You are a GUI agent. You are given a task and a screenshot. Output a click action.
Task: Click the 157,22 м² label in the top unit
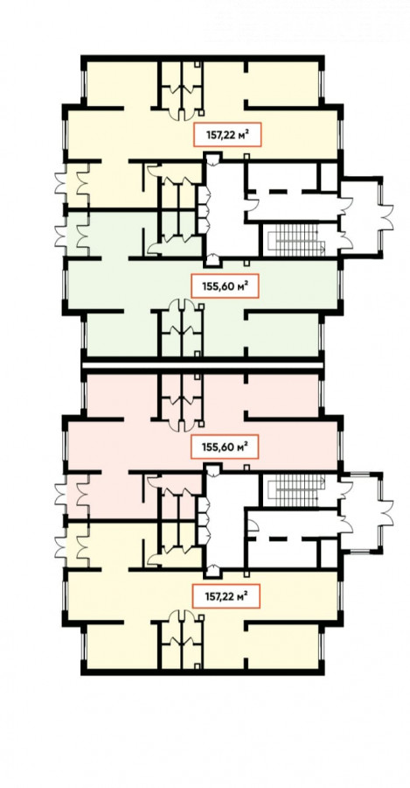[x=228, y=135]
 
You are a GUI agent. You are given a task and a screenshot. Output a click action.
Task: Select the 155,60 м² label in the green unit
[x=226, y=286]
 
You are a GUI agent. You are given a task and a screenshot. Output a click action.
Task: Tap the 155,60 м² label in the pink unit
[x=226, y=447]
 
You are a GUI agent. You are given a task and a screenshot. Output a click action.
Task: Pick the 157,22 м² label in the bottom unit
[x=226, y=596]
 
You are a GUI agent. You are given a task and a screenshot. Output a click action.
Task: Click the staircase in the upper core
[x=297, y=240]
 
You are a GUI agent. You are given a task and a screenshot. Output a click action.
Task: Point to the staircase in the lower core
[x=297, y=490]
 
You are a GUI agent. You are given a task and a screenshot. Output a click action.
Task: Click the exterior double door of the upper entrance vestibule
[x=386, y=216]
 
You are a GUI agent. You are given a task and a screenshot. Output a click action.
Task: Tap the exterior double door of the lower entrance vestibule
[x=386, y=513]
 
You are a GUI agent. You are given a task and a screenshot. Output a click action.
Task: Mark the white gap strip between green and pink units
[x=202, y=365]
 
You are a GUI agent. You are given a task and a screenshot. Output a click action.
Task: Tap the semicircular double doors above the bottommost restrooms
[x=181, y=616]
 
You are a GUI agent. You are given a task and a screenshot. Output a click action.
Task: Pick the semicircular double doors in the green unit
[x=181, y=306]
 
